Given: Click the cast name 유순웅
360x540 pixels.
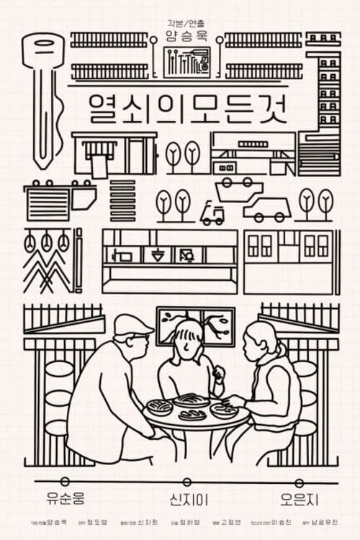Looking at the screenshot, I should pyautogui.click(x=65, y=498).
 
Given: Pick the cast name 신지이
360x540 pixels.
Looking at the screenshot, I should pyautogui.click(x=181, y=498).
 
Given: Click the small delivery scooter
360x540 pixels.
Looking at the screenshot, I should pyautogui.click(x=212, y=212).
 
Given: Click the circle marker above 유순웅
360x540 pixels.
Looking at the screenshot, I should pyautogui.click(x=65, y=481).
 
